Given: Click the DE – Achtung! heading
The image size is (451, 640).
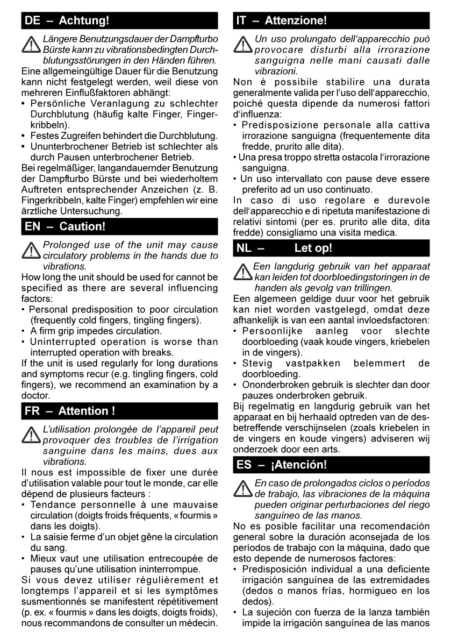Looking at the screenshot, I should point(67,22).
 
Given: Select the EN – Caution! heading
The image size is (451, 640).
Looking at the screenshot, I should point(65,226).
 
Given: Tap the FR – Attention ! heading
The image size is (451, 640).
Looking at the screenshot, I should point(70,411).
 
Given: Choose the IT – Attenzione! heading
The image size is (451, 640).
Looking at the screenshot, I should point(281,22).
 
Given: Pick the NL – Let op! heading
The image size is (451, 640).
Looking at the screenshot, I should point(284,248).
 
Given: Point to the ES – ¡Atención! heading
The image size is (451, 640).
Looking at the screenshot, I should point(282,464).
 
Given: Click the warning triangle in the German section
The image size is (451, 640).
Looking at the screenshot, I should point(31,45).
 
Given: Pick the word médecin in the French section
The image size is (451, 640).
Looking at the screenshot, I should point(199,624).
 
